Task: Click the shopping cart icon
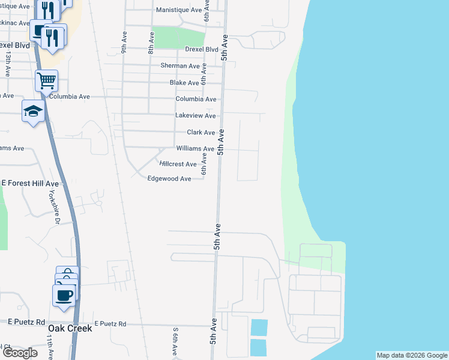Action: (x=46, y=80)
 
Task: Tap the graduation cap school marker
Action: (x=34, y=111)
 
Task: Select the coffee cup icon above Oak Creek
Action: (x=65, y=295)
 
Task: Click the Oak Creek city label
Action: (x=70, y=328)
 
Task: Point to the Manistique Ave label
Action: (x=179, y=10)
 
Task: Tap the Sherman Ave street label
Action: (x=180, y=66)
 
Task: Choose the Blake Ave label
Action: (x=184, y=83)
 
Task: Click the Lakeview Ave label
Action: (x=195, y=115)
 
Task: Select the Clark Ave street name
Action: (x=200, y=132)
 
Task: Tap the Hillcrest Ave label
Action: (x=178, y=164)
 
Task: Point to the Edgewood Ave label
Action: (x=169, y=179)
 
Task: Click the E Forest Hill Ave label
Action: (x=30, y=184)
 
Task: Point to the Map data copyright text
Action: (x=412, y=356)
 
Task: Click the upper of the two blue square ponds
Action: (x=259, y=328)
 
